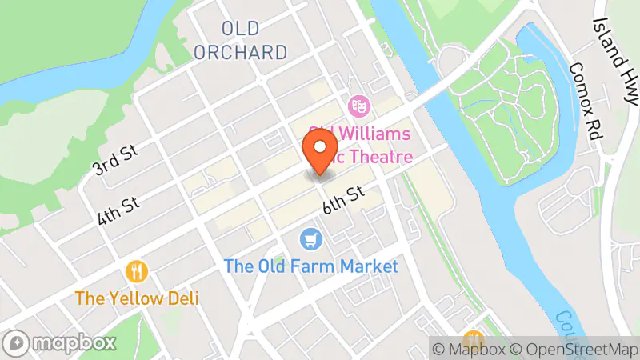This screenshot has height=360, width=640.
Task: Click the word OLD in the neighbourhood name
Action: click(x=241, y=29)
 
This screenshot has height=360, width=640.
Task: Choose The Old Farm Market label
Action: click(x=310, y=266)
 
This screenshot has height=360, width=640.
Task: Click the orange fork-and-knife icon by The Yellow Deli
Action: click(x=138, y=271)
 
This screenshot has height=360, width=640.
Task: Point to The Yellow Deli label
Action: click(x=138, y=298)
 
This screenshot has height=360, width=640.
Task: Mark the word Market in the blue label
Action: click(x=369, y=266)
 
